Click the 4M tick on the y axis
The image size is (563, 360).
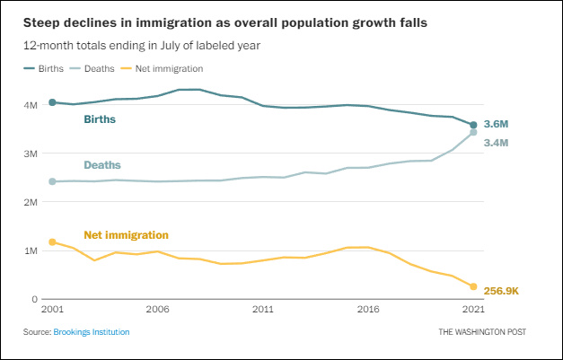pos(31,104)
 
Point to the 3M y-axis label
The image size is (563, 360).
pos(31,154)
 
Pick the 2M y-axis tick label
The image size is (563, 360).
pos(31,202)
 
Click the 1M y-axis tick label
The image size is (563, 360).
pos(31,250)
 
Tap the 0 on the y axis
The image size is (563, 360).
pos(35,299)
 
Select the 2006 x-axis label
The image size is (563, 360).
pos(157,310)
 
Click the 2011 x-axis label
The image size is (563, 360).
pos(262,310)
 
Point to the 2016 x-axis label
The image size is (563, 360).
pos(367,310)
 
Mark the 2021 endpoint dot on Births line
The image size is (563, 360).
pos(473,125)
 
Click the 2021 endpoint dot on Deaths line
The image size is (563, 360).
pos(473,133)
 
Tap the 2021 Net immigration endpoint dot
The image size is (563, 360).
pos(473,286)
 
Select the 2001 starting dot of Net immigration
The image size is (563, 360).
pos(52,241)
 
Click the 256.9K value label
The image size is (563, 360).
pos(501,291)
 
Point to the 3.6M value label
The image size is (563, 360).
pos(496,123)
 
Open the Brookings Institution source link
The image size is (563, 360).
pos(92,332)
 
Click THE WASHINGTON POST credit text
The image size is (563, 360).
pos(482,332)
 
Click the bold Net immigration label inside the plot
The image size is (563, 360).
pos(126,235)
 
